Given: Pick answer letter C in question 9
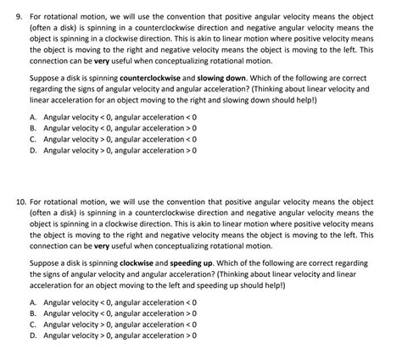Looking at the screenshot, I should tap(32, 138).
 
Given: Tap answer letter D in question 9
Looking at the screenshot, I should tap(32, 150).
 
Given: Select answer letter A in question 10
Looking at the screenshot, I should tap(32, 302).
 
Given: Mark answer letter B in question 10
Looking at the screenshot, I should tap(32, 313).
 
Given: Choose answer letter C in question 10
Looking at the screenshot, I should tap(32, 324).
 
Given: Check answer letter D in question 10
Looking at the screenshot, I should tap(32, 335).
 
